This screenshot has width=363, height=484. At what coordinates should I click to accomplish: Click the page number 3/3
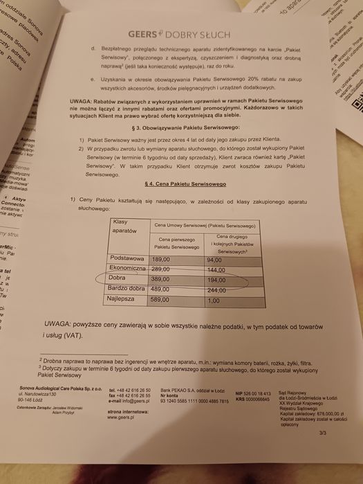[322, 433]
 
